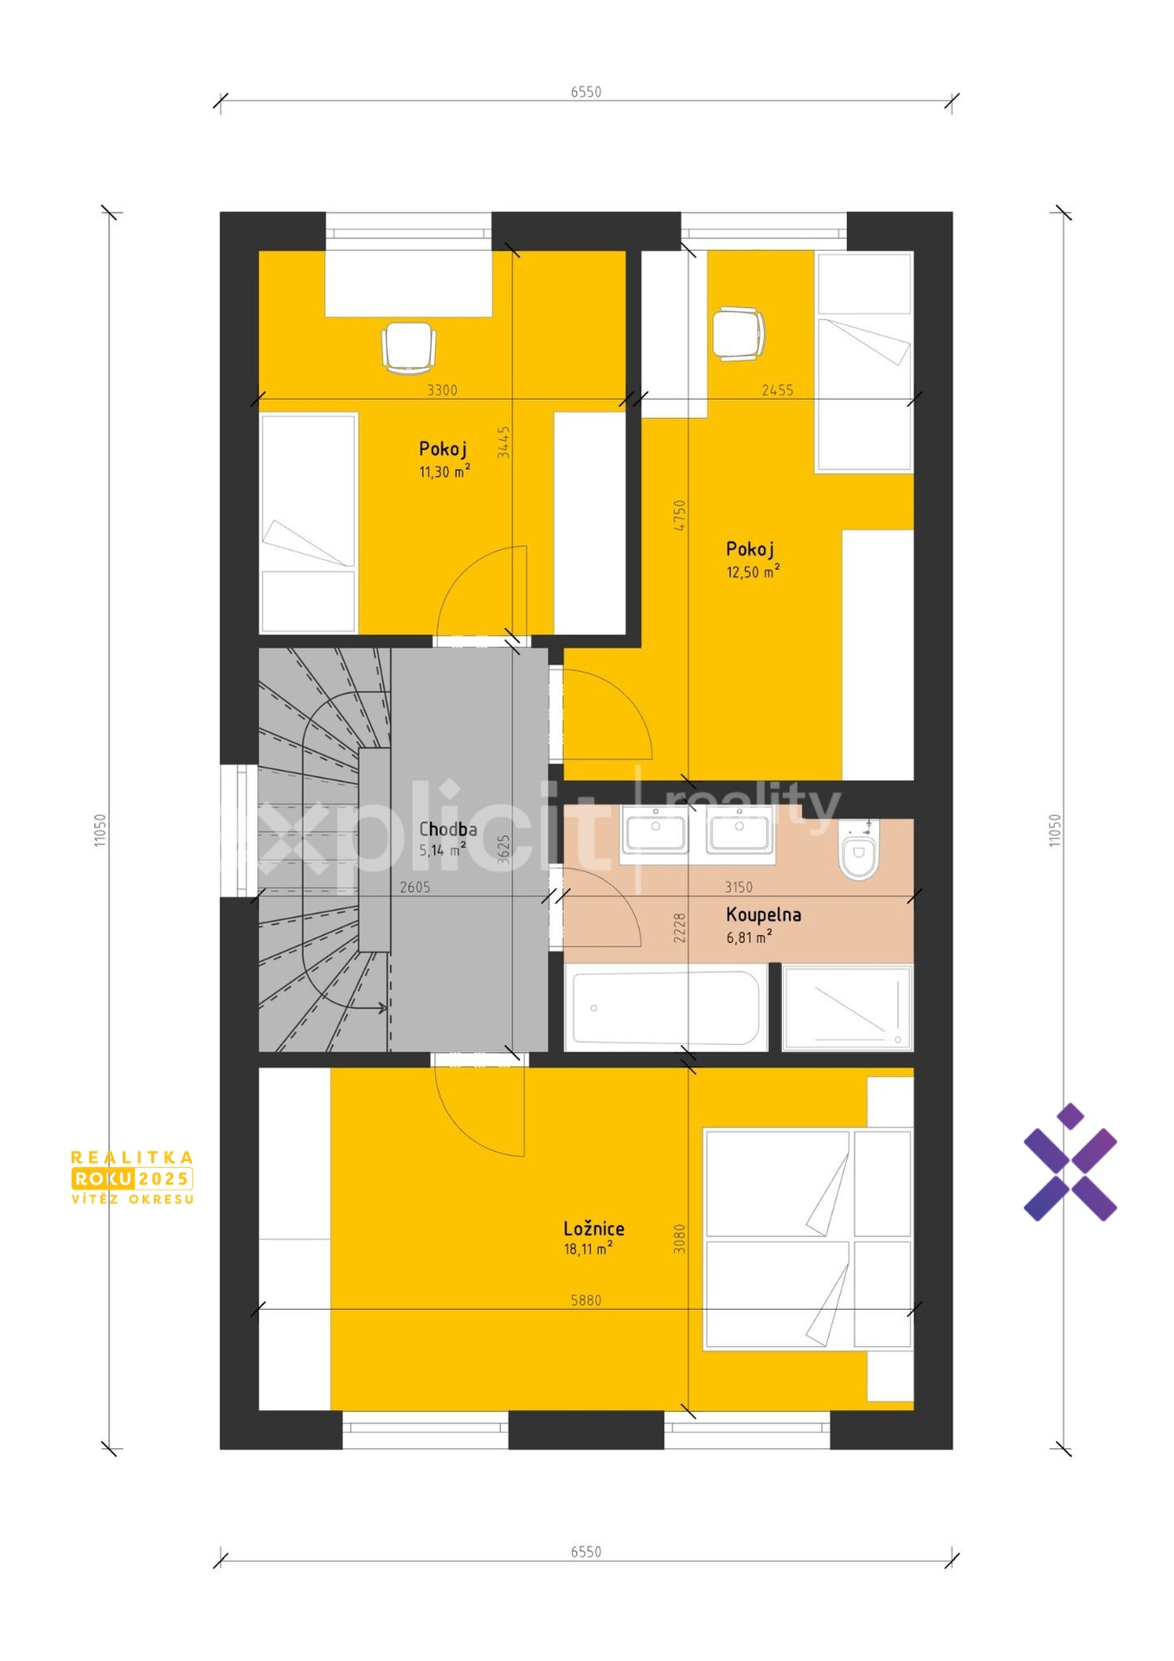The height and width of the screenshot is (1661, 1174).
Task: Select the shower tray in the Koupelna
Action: click(848, 1008)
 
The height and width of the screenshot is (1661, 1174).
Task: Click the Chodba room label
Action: click(448, 829)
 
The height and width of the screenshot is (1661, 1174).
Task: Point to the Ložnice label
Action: click(593, 1228)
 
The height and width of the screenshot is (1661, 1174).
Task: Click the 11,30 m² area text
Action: click(445, 471)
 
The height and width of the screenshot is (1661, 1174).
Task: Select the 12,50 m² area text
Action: click(753, 571)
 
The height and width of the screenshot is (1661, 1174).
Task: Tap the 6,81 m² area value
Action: click(749, 937)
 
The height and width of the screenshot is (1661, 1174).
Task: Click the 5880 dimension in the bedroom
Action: click(586, 1299)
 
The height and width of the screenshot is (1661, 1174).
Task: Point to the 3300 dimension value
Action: click(442, 390)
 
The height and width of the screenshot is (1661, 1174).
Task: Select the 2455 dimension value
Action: click(778, 390)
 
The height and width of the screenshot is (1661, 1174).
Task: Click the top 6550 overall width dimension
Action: click(586, 92)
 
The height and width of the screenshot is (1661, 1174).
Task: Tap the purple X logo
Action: click(1070, 1162)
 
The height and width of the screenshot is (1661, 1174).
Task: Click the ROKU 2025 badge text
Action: click(132, 1178)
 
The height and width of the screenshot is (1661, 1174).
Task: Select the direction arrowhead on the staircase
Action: click(382, 1007)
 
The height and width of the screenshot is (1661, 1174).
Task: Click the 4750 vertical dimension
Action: click(680, 515)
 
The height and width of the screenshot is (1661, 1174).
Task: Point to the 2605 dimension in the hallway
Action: click(414, 887)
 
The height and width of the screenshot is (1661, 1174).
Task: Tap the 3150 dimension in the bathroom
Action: click(739, 887)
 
